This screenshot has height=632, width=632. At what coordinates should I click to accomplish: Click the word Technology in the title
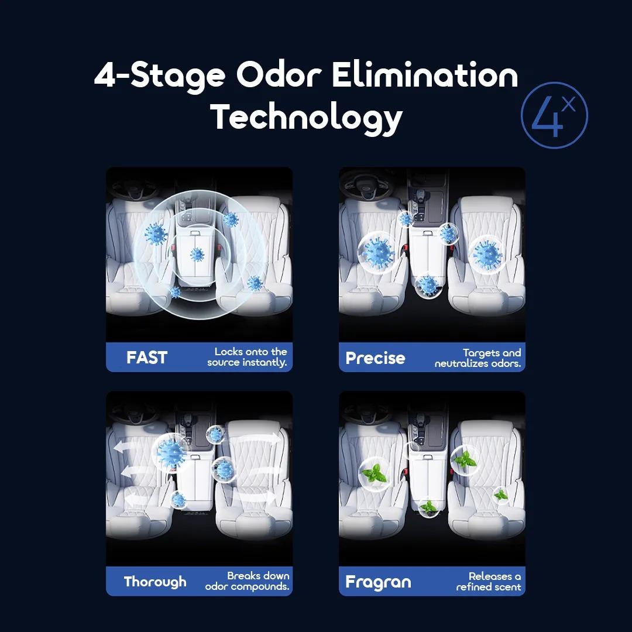coord(307,118)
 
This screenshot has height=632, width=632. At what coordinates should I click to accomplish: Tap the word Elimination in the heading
coord(425,75)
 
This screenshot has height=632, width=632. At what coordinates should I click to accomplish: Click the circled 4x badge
coord(554,116)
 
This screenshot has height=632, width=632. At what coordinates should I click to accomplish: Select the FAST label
coord(147,358)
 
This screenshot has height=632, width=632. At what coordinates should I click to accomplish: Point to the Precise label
coord(375,358)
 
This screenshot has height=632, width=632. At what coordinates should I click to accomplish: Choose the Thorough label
coord(155,582)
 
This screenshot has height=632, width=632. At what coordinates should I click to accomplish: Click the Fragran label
coord(378,582)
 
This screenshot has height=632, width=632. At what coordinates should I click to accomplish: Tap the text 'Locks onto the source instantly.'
coord(247,357)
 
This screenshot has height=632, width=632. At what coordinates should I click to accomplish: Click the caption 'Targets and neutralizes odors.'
coord(478,358)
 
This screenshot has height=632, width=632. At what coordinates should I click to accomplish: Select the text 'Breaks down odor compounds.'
coord(247,581)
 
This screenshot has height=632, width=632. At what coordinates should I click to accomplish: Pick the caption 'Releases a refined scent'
coord(489,582)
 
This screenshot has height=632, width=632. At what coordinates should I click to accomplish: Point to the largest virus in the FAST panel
coord(156,233)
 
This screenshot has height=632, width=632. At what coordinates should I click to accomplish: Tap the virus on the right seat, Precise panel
coord(486,255)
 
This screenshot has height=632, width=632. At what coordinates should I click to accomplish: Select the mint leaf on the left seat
coord(375,474)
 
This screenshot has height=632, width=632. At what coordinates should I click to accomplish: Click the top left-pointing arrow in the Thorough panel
coord(128,447)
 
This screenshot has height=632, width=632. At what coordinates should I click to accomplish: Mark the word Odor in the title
coord(279,75)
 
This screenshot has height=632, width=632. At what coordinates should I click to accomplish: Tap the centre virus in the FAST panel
coord(197,255)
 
